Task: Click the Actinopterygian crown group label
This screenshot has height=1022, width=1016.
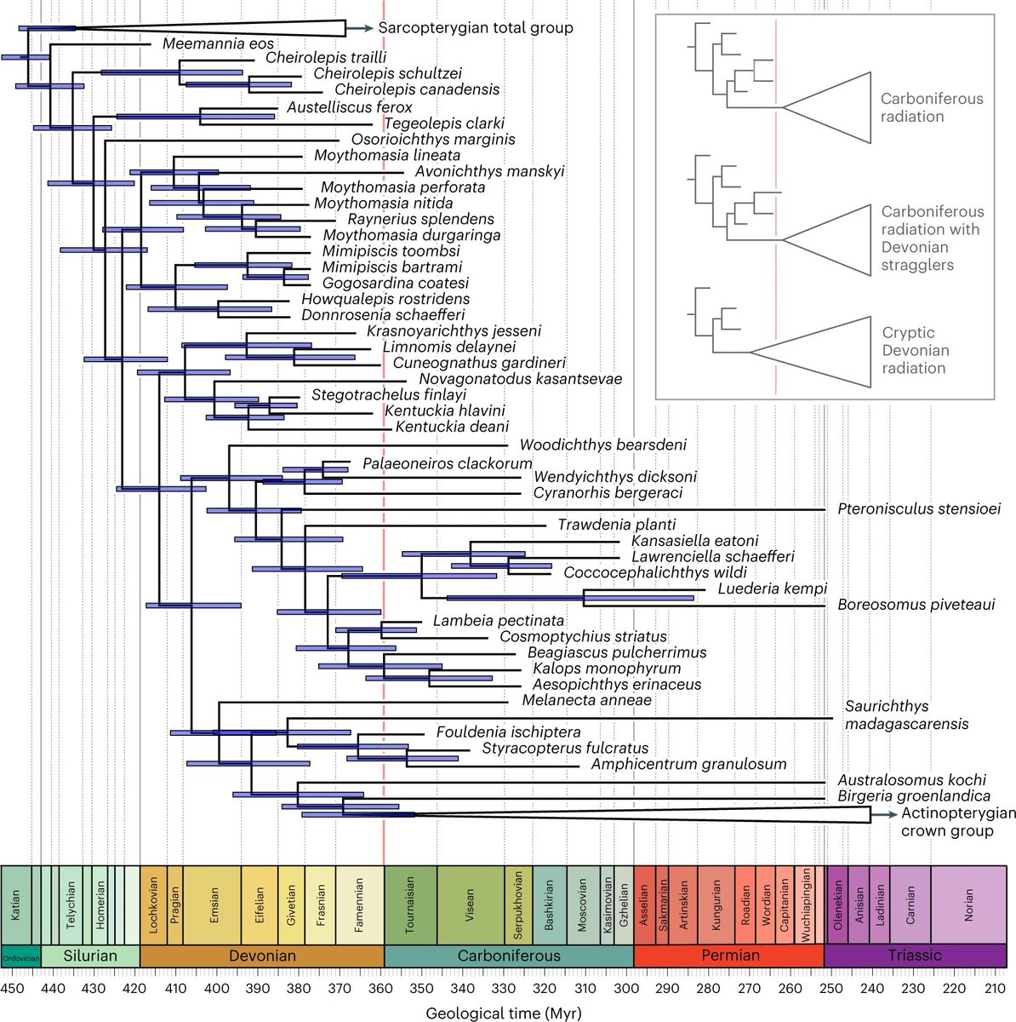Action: pyautogui.click(x=958, y=822)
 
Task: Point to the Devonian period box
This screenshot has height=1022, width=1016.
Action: pyautogui.click(x=262, y=956)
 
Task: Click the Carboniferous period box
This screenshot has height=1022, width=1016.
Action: pyautogui.click(x=509, y=956)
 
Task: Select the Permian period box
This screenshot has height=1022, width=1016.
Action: pyautogui.click(x=729, y=956)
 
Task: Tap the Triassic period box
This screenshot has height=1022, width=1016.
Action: pyautogui.click(x=916, y=956)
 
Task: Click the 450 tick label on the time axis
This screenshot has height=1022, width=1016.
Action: pyautogui.click(x=12, y=988)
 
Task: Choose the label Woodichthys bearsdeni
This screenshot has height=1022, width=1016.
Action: pyautogui.click(x=602, y=445)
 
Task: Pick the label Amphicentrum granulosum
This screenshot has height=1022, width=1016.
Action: pyautogui.click(x=688, y=764)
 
